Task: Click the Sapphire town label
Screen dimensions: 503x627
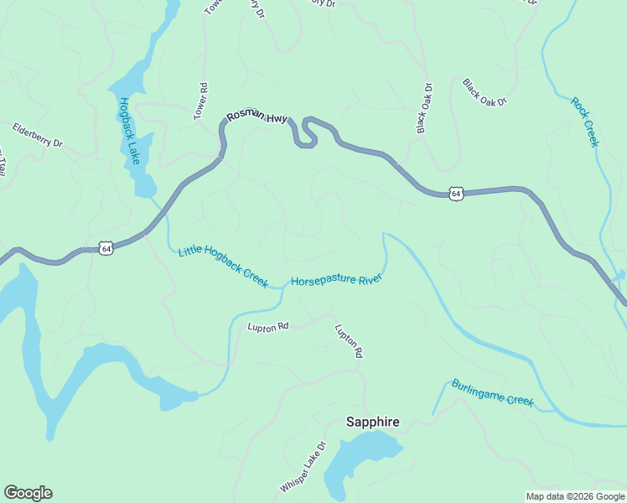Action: coord(372,423)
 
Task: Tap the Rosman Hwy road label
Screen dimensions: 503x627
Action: coord(255,119)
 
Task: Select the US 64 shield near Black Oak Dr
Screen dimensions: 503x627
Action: coord(455,193)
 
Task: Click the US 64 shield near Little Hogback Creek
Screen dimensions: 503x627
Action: coord(106,248)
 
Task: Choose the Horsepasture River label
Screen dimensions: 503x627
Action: coord(336,280)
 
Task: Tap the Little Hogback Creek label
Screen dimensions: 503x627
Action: coord(223,265)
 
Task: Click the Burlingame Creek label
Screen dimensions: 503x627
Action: coord(492,392)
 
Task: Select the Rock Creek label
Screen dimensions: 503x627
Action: coord(585,122)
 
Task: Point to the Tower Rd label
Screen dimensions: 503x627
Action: coord(201,101)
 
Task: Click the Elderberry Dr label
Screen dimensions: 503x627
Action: coord(38,135)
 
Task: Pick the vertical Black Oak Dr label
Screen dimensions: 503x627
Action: coord(424,108)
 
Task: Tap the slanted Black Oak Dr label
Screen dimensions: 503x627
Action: coord(485,92)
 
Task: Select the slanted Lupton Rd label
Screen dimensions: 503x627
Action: coord(349,341)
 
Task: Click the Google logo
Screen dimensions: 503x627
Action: coord(28,493)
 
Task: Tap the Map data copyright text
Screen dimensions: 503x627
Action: coord(573,495)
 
